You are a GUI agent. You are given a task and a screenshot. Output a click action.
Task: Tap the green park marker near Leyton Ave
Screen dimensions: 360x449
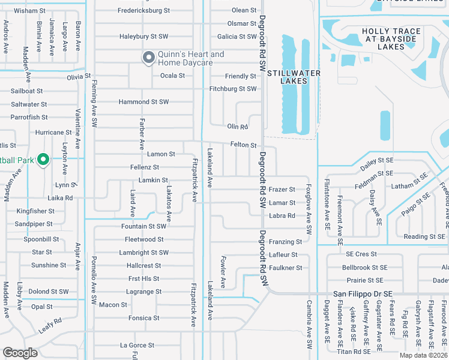click(x=43, y=160)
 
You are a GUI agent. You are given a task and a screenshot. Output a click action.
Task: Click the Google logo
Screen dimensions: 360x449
click(x=20, y=353)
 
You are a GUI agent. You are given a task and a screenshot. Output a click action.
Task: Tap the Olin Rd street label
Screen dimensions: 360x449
click(x=237, y=127)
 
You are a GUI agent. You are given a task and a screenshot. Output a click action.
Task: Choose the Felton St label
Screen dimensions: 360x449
click(x=243, y=145)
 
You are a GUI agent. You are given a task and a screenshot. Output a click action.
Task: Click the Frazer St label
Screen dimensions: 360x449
click(x=282, y=190)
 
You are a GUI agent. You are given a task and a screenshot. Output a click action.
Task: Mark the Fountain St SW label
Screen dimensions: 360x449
click(x=143, y=226)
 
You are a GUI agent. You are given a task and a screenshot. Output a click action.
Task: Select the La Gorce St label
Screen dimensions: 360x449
click(x=137, y=345)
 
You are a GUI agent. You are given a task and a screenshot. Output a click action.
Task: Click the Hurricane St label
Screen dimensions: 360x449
click(x=53, y=132)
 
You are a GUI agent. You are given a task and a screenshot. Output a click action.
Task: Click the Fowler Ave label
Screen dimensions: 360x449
click(x=223, y=271)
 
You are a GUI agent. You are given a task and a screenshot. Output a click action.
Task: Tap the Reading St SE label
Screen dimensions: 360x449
click(x=424, y=236)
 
